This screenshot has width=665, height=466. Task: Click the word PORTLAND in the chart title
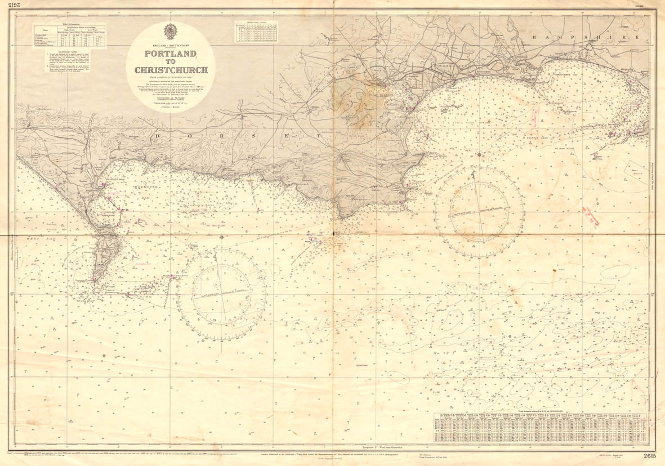point(171,54)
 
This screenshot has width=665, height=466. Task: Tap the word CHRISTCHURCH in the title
point(171,70)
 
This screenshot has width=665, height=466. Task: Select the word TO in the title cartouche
point(171,62)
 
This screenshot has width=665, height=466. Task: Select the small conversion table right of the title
point(256,32)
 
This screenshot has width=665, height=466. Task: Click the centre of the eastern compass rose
point(479,212)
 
